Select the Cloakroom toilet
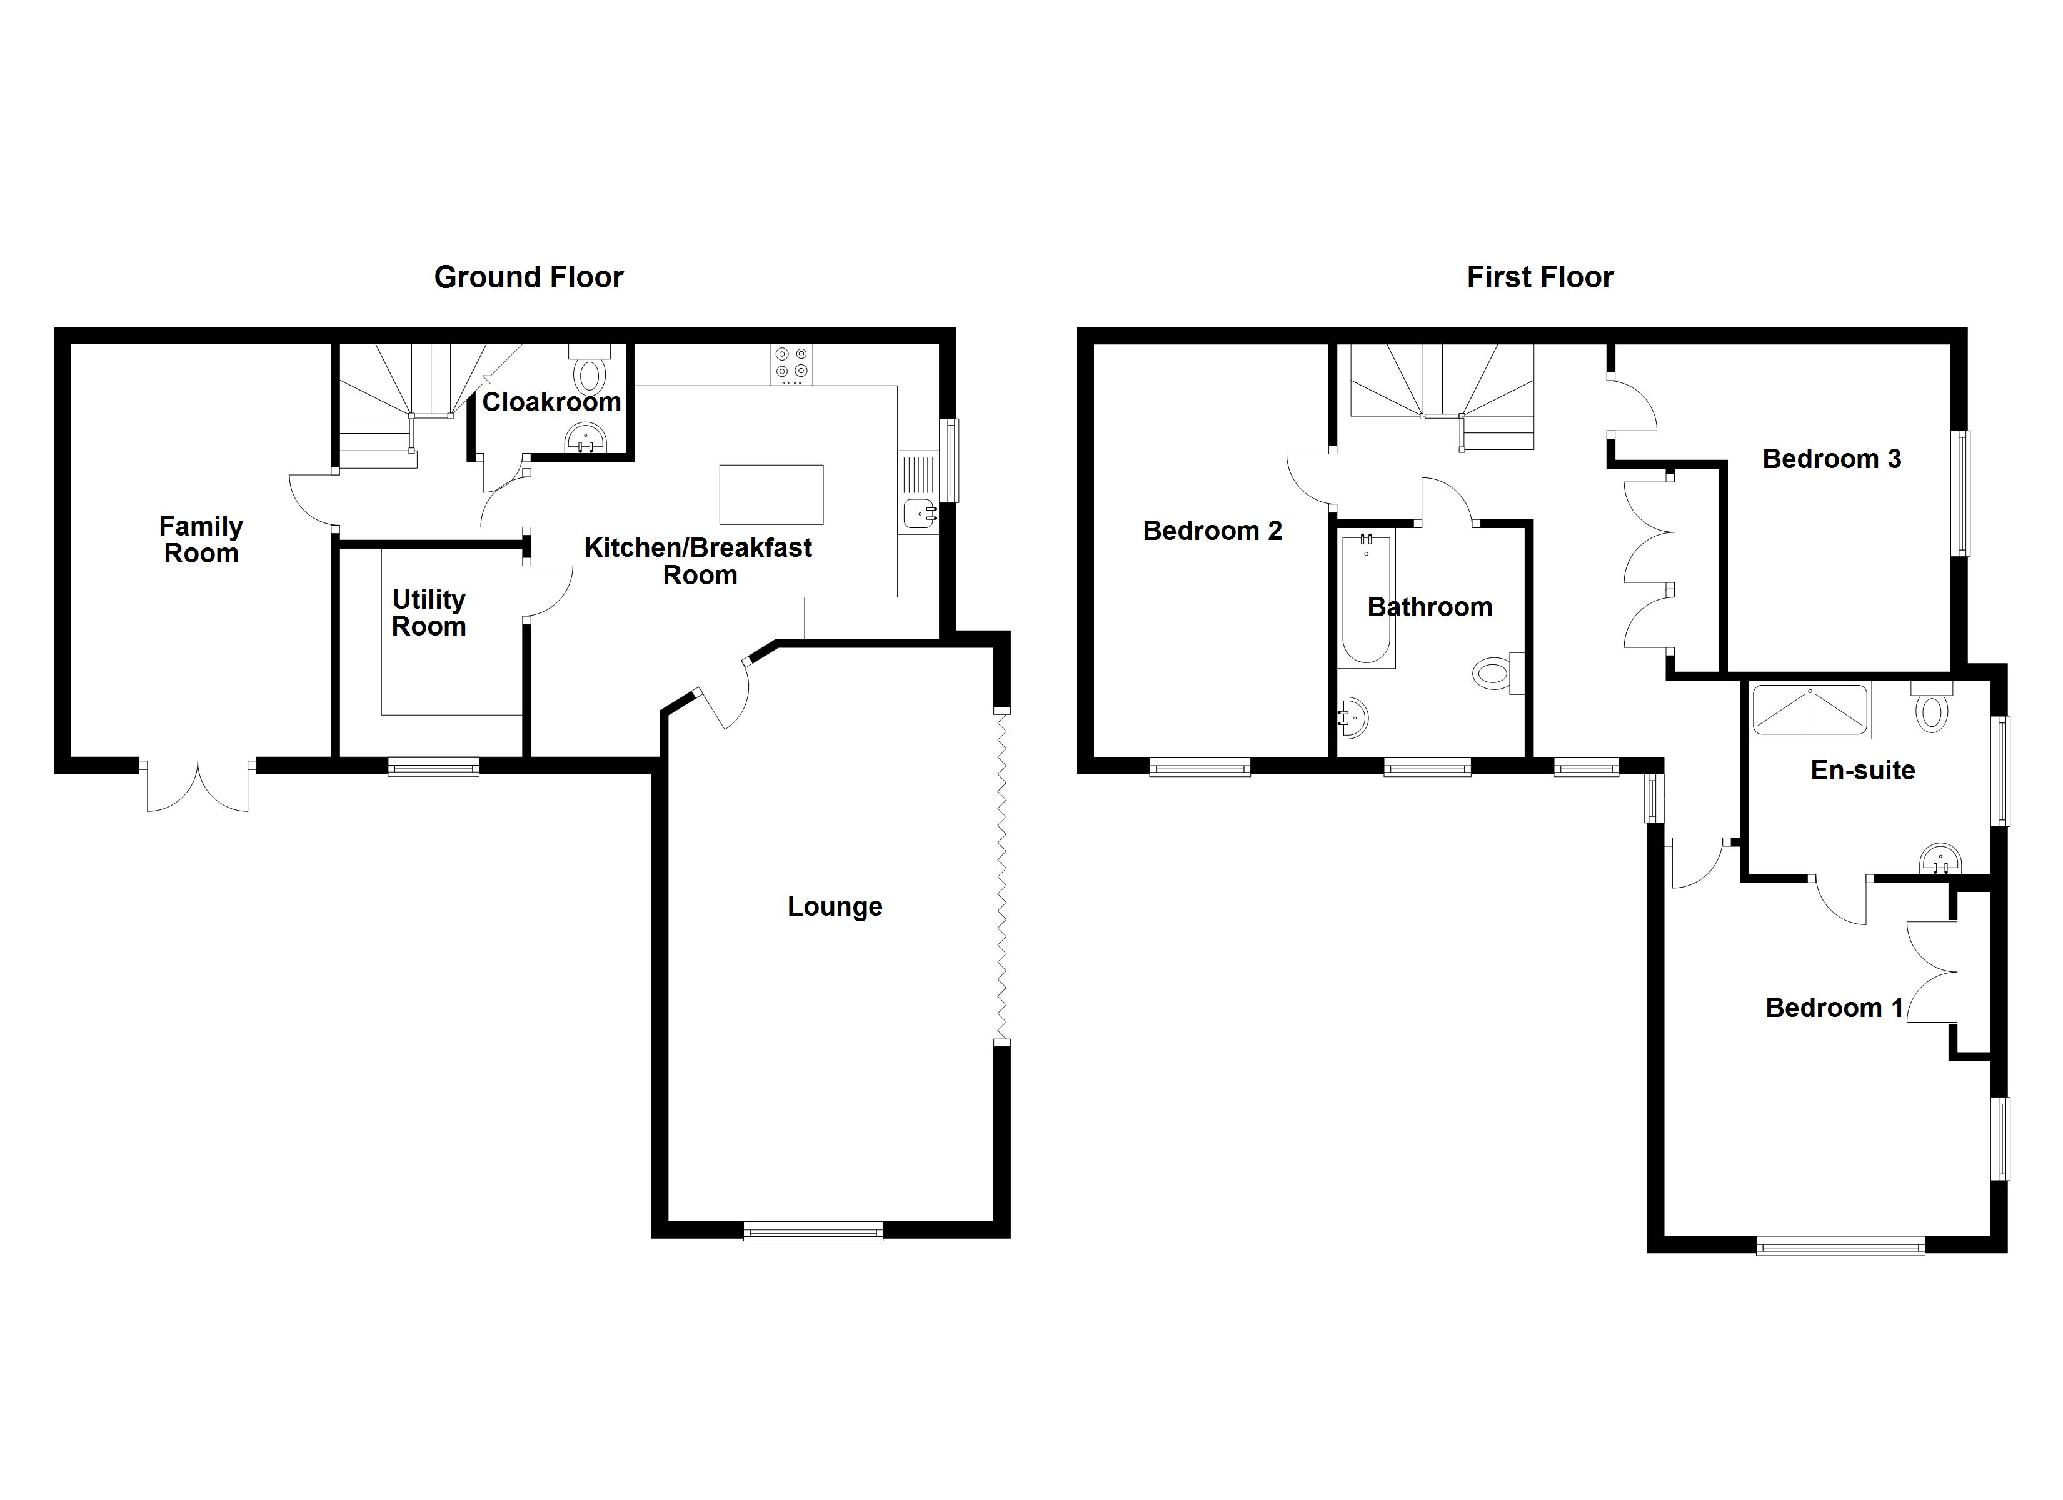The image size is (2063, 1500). (590, 373)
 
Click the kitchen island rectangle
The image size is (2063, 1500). (771, 495)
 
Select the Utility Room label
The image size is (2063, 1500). (428, 613)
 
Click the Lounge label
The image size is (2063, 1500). (834, 906)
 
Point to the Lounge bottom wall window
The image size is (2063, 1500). (813, 1232)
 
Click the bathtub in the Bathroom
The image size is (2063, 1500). (1365, 601)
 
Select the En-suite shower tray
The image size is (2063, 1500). (1810, 709)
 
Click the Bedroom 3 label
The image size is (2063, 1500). (1831, 459)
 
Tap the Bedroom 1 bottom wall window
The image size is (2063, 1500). (1840, 1245)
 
